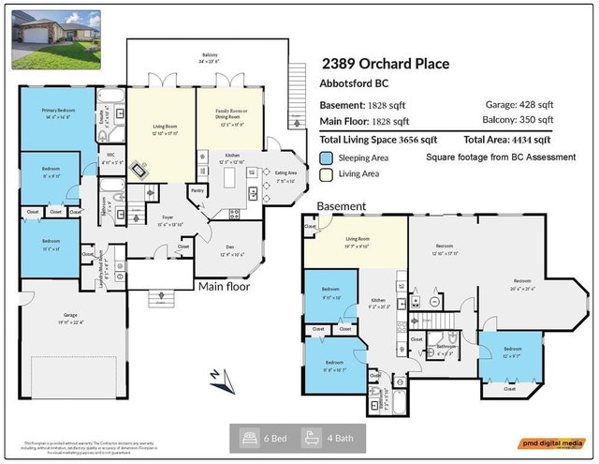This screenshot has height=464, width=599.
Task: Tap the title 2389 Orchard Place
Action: [x=386, y=64]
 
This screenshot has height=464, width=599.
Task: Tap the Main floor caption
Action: [x=223, y=286]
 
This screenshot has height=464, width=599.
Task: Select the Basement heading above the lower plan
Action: [x=341, y=205]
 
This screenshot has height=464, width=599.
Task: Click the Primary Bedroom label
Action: [x=58, y=112]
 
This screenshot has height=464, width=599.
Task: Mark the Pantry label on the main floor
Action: [x=197, y=190]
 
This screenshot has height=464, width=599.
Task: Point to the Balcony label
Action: [x=210, y=56]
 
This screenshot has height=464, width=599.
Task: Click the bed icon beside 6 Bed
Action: [x=250, y=438]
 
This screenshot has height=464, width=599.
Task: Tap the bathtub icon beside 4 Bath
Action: [x=310, y=438]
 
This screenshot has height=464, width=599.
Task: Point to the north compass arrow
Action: [x=216, y=376]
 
